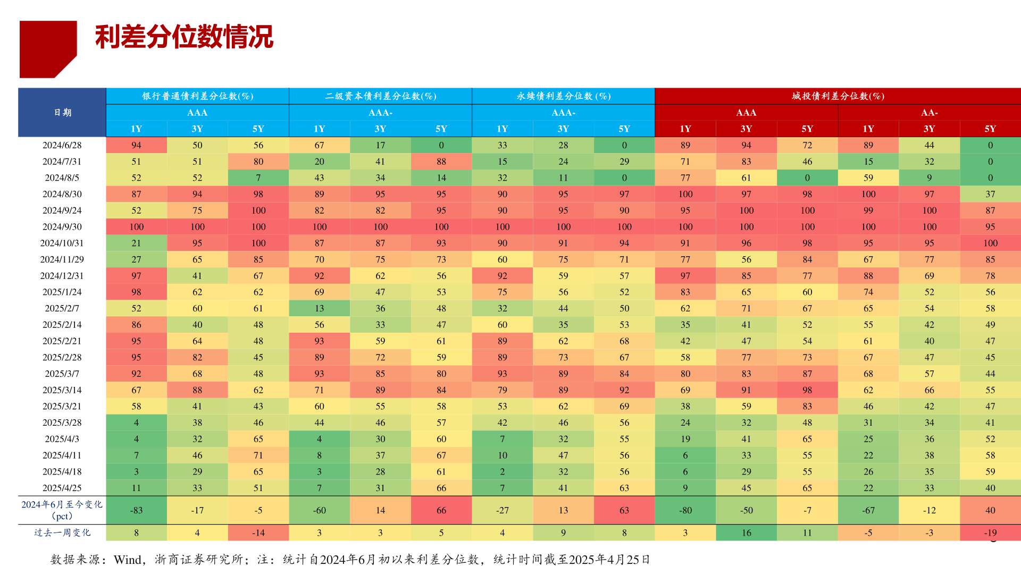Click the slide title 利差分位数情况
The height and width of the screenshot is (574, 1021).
(184, 37)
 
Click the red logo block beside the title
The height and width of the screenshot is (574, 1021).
(47, 48)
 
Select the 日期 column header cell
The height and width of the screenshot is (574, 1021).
(62, 113)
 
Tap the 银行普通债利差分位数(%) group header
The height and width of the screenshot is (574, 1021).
(197, 96)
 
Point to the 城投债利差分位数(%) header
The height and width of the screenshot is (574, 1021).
(838, 96)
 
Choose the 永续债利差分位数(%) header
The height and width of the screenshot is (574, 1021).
(563, 96)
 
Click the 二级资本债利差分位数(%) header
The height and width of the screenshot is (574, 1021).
(380, 96)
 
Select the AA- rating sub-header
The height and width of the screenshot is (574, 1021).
(929, 113)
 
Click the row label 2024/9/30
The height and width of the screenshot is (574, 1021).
(62, 227)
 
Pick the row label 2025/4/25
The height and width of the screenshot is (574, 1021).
(62, 488)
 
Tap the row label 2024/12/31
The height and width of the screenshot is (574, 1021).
(62, 276)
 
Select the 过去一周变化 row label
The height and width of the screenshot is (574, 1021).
(62, 533)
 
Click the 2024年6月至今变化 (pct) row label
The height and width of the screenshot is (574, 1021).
(62, 510)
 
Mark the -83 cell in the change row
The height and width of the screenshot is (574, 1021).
(136, 510)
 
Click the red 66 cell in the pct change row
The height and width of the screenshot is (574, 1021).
(441, 510)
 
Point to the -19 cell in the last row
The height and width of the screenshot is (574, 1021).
(990, 533)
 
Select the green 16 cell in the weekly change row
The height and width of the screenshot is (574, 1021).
(746, 533)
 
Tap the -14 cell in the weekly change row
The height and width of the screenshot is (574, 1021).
(258, 533)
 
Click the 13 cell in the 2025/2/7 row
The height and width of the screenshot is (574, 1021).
(319, 308)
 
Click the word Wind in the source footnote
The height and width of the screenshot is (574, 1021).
(128, 560)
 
